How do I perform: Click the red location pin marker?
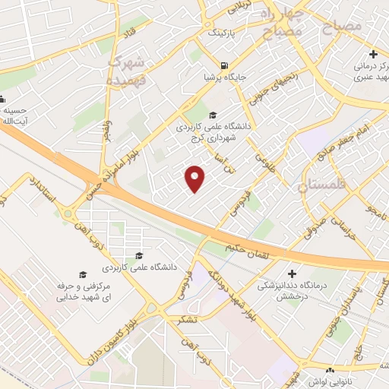(195, 179)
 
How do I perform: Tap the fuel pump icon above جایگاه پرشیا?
(223, 65)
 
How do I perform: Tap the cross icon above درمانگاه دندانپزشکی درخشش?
(293, 273)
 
